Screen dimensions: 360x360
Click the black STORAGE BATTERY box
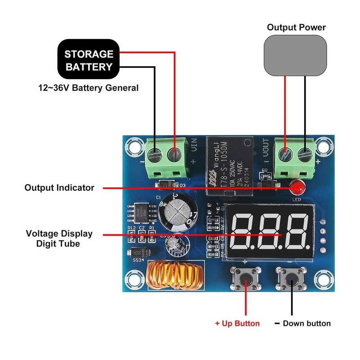[88, 61]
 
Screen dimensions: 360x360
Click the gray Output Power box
[296, 56]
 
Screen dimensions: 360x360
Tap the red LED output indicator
[296, 185]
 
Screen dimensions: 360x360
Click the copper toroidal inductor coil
[174, 275]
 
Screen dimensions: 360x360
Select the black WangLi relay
[227, 166]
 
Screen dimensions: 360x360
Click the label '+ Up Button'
[237, 324]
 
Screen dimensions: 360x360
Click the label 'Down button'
[306, 324]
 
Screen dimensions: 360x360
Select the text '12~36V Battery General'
[88, 88]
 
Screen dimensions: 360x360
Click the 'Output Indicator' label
[59, 188]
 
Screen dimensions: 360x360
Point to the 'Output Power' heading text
[296, 27]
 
